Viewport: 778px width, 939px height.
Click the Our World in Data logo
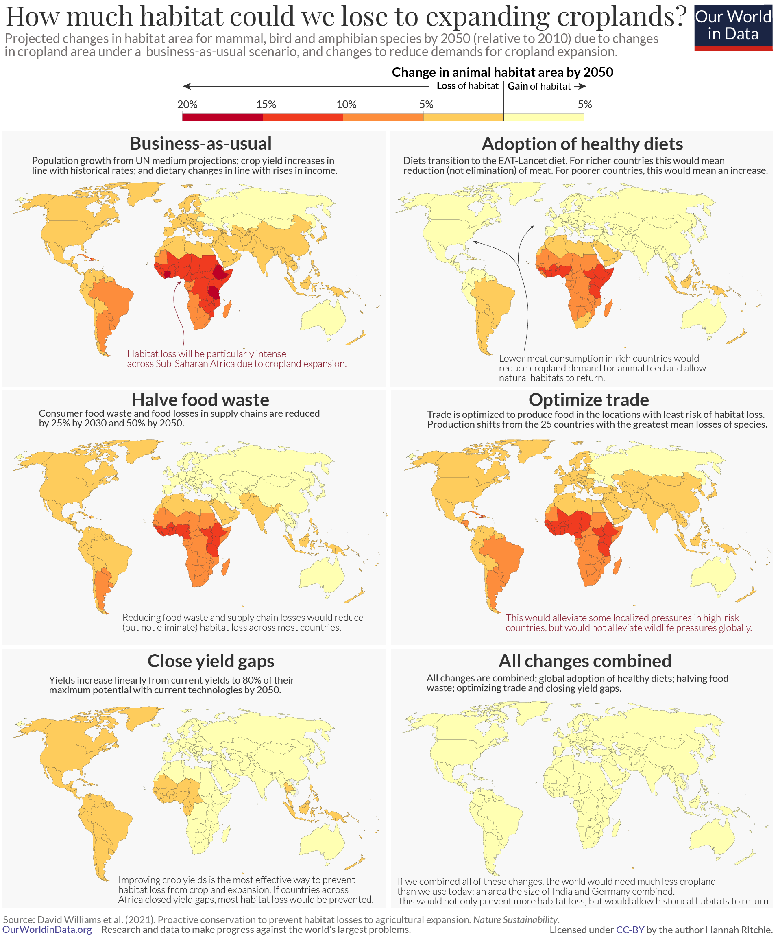733,27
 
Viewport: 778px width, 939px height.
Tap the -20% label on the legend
185,105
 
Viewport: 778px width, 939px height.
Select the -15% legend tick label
264,105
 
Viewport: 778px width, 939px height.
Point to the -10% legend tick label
344,105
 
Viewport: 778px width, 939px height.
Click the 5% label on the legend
584,105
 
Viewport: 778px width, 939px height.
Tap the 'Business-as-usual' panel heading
200,144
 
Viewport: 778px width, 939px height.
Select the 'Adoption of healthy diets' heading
582,144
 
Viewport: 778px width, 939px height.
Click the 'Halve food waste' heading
200,400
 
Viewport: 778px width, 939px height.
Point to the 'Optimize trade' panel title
588,400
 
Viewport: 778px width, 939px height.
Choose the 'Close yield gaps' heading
211,661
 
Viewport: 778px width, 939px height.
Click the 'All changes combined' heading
584,661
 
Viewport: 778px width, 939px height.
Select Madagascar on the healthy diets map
608,308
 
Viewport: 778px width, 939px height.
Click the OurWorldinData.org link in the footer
47,930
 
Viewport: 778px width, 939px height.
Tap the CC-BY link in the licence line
630,930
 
